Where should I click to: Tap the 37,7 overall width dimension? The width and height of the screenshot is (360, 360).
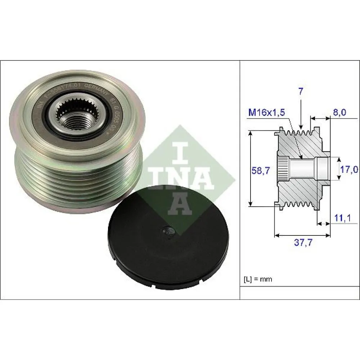click(x=302, y=243)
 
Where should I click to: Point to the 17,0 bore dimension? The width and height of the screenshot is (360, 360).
click(x=348, y=169)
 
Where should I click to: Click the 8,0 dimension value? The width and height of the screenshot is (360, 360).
click(x=339, y=113)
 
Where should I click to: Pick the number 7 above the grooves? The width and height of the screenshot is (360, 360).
click(x=301, y=92)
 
